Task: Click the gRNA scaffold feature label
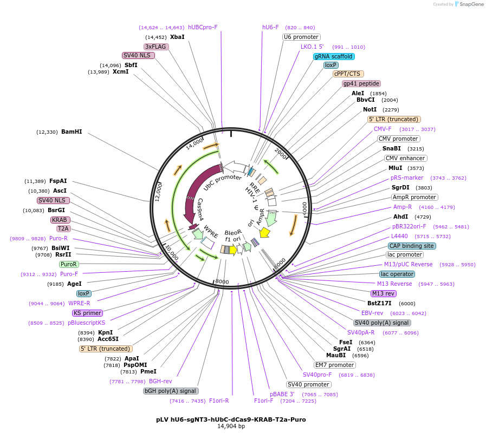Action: [x=334, y=56]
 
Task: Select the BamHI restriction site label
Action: [x=72, y=132]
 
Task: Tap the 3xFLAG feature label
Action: [x=156, y=47]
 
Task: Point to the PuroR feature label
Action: [x=69, y=264]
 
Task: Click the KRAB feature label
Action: [x=60, y=220]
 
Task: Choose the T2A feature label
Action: [x=63, y=228]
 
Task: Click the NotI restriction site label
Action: [x=370, y=110]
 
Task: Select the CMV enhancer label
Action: [x=405, y=158]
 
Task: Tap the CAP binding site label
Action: [x=412, y=246]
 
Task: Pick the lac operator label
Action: [x=397, y=274]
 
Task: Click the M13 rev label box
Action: [x=384, y=293]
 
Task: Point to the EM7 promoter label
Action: [x=335, y=365]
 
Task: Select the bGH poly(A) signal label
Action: [x=171, y=391]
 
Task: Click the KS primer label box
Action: [x=87, y=313]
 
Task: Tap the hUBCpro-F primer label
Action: [x=203, y=27]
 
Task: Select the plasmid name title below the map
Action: [x=231, y=419]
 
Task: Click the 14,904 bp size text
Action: [x=231, y=426]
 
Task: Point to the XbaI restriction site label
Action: [x=177, y=37]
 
